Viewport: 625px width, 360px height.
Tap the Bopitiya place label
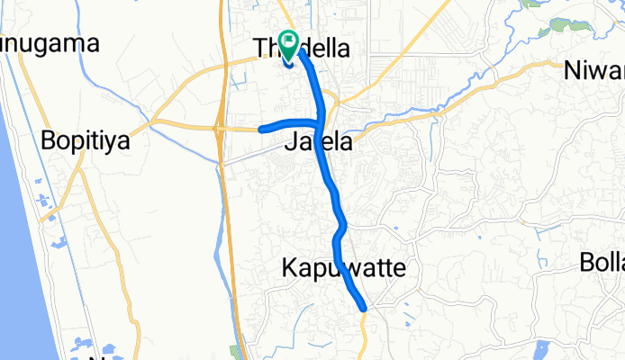(86, 141)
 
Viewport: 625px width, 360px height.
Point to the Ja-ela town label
(318, 142)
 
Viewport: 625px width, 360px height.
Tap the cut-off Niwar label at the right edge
(594, 69)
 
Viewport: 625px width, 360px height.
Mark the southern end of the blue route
(365, 309)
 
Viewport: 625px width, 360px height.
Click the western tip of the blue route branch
(261, 130)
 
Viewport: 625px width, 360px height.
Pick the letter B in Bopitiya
(49, 141)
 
